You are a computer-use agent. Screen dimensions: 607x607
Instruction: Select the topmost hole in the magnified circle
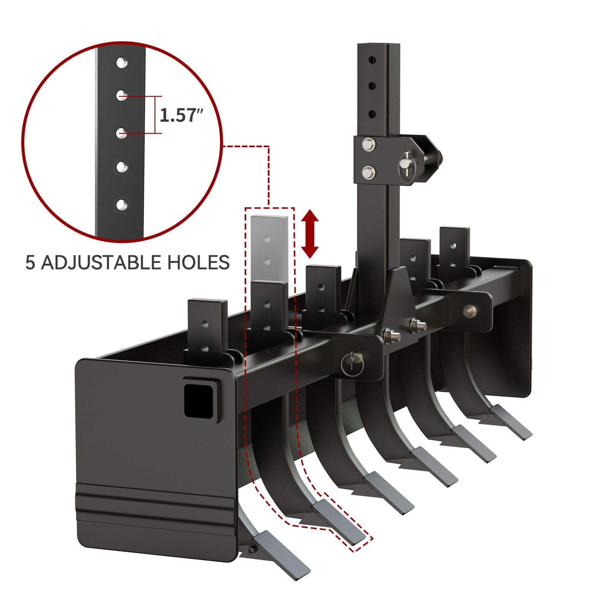122,63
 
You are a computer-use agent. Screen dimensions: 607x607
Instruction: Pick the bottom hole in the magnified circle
121,205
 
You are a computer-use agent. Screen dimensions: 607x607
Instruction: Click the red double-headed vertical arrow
310,234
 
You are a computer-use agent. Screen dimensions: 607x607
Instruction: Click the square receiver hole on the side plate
198,401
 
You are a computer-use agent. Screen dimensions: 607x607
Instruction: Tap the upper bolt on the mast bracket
368,144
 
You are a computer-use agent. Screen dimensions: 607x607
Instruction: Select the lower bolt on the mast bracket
368,173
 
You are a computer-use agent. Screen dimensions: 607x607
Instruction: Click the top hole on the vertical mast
372,60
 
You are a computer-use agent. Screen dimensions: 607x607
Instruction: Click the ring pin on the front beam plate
352,364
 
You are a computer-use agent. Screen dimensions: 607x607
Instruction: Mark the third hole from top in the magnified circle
121,133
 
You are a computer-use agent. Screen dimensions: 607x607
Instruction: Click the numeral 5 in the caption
30,263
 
